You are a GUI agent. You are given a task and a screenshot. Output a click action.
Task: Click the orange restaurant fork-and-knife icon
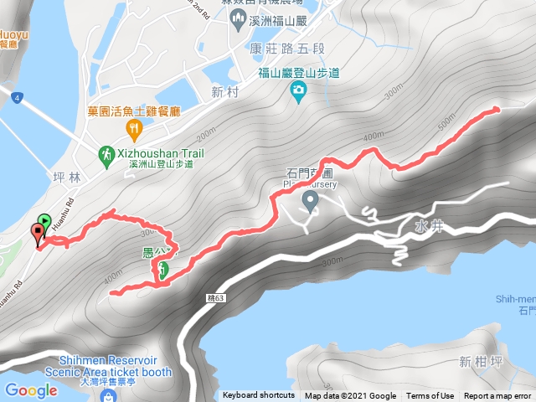tap(133, 128)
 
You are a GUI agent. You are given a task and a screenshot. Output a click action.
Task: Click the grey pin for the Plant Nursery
tap(310, 200)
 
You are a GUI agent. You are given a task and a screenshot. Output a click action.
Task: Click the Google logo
tap(31, 390)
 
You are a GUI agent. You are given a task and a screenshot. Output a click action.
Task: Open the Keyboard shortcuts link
tap(259, 396)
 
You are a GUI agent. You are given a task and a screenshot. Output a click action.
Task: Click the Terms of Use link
tap(430, 396)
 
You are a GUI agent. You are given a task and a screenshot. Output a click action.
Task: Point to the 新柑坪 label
tap(479, 362)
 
